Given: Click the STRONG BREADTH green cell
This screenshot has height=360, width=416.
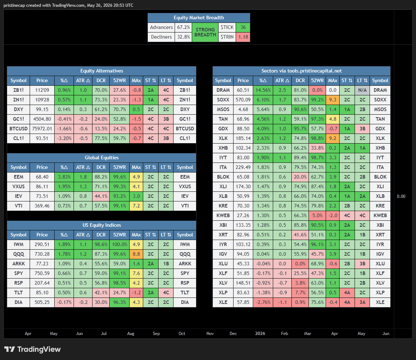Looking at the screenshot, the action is pyautogui.click(x=205, y=32).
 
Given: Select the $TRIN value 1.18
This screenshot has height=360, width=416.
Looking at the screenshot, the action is pyautogui.click(x=243, y=37).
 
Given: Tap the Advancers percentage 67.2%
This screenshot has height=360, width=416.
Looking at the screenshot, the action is pyautogui.click(x=183, y=27).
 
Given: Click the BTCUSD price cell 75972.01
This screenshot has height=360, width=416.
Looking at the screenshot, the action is pyautogui.click(x=42, y=129).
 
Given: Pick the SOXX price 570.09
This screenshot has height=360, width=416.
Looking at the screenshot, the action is pyautogui.click(x=243, y=100).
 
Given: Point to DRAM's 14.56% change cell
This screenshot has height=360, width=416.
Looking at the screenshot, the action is pyautogui.click(x=263, y=90).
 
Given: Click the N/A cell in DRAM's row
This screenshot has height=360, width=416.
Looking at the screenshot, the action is pyautogui.click(x=362, y=90).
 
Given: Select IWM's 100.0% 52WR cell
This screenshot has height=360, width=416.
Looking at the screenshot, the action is pyautogui.click(x=119, y=244).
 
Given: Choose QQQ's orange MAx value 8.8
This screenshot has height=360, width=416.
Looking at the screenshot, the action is pyautogui.click(x=136, y=254).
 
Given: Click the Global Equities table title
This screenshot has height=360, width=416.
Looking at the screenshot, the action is pyautogui.click(x=102, y=157).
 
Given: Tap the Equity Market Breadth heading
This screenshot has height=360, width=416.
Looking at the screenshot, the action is pyautogui.click(x=199, y=18).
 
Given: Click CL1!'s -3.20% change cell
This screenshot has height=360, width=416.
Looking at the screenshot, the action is pyautogui.click(x=64, y=138).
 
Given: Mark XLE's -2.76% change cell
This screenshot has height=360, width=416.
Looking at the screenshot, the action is pyautogui.click(x=263, y=302).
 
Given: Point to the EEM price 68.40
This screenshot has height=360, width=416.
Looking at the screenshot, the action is pyautogui.click(x=42, y=177).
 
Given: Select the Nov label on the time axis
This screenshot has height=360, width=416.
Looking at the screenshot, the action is pyautogui.click(x=210, y=334).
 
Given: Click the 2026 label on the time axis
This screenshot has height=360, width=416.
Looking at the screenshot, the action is pyautogui.click(x=260, y=334).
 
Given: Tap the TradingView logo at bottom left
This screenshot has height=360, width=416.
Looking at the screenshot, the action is pyautogui.click(x=32, y=349).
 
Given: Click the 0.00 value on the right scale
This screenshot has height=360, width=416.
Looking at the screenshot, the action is pyautogui.click(x=401, y=196).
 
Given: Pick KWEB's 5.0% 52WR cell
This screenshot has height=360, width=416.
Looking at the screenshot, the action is pyautogui.click(x=317, y=215).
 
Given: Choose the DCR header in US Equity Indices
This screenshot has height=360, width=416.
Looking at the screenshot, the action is pyautogui.click(x=101, y=235).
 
